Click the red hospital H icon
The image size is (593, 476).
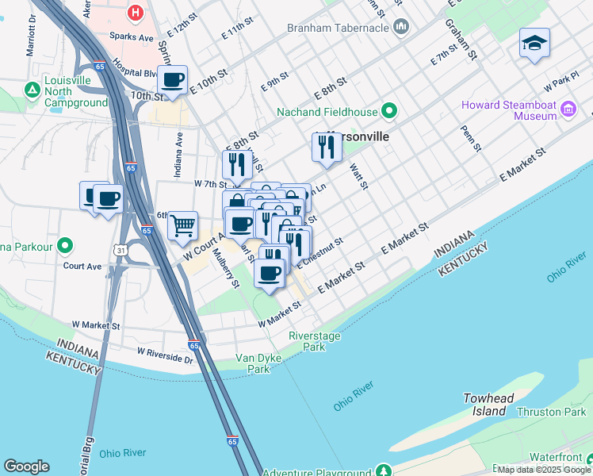click(x=136, y=13)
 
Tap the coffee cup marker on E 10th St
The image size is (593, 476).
click(x=172, y=79)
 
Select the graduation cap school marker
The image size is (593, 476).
click(x=534, y=43)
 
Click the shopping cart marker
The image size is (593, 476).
click(x=182, y=225)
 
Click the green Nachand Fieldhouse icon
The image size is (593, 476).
click(x=389, y=110)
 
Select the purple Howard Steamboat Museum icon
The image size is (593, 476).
click(x=568, y=109)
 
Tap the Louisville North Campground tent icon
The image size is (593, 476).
click(x=33, y=90)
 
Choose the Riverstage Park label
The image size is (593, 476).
click(x=308, y=341)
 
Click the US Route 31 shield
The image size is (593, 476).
click(x=121, y=250)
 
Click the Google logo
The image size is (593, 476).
click(x=26, y=466)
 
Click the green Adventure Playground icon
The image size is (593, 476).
click(x=384, y=471)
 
